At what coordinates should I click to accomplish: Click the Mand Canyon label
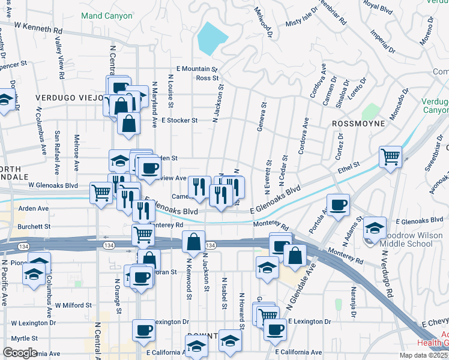coord(106,16)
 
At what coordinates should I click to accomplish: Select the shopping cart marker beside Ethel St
coord(390,157)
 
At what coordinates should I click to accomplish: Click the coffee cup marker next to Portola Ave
coord(338,204)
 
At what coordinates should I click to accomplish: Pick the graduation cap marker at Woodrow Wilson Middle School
coord(375,227)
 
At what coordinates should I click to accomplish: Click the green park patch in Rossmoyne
coord(371,112)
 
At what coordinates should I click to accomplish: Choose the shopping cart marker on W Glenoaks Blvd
coord(101,193)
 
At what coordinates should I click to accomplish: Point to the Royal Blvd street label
coord(378,7)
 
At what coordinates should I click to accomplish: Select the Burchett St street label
coord(34,227)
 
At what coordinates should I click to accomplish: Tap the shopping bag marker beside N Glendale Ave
coord(295,255)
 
